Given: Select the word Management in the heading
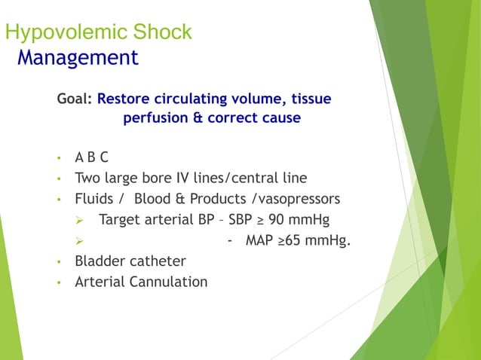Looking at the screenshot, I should pyautogui.click(x=78, y=57).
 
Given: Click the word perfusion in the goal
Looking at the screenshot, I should pyautogui.click(x=154, y=118).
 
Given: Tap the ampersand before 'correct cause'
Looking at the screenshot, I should pyautogui.click(x=196, y=118).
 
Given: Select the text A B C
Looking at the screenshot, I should pyautogui.click(x=91, y=158).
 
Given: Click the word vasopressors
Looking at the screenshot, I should pyautogui.click(x=299, y=200).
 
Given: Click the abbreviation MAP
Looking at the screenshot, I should pyautogui.click(x=260, y=241).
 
